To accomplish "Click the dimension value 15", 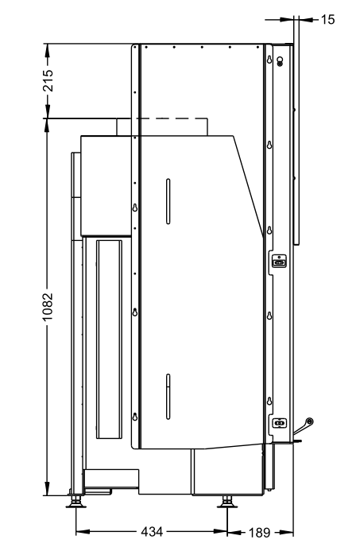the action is pyautogui.click(x=327, y=19).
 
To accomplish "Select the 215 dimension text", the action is pyautogui.click(x=48, y=80).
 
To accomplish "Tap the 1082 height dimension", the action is pyautogui.click(x=47, y=307).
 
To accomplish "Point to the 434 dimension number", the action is pyautogui.click(x=152, y=532).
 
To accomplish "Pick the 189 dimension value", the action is pyautogui.click(x=260, y=533).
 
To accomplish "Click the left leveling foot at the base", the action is pyautogui.click(x=76, y=502).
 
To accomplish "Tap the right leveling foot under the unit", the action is pyautogui.click(x=226, y=502).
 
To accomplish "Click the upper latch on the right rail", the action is pyautogui.click(x=279, y=262).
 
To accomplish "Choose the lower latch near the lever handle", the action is pyautogui.click(x=279, y=423).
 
